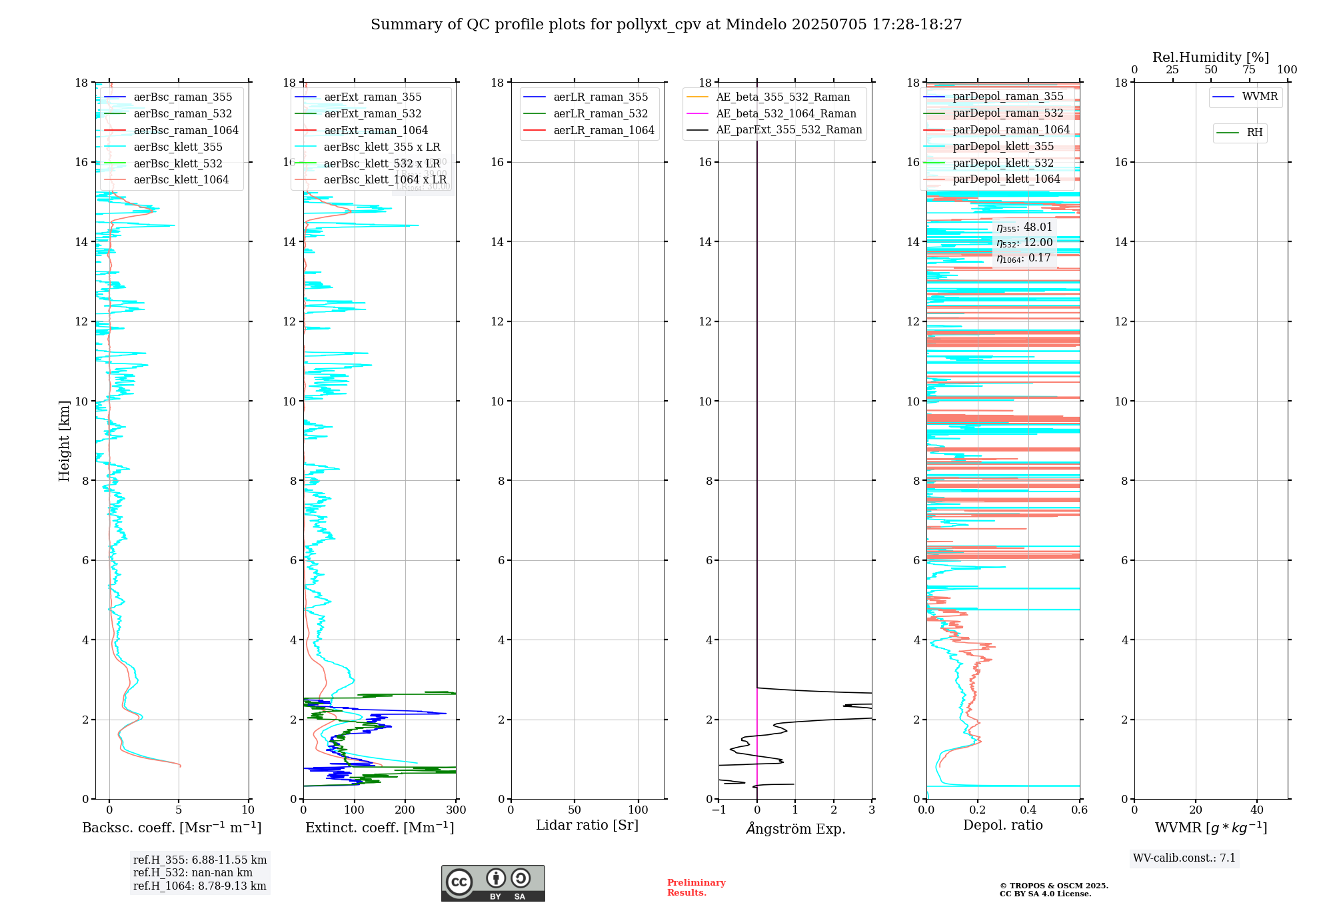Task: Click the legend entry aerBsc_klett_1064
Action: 181,180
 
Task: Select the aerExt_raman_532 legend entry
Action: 373,114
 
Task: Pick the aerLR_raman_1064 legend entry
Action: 603,131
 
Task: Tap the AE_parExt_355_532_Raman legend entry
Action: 788,130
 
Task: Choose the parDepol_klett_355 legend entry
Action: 1003,147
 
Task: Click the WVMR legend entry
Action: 1260,97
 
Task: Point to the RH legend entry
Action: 1254,133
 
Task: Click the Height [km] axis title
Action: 64,441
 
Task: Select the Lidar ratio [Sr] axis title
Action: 587,826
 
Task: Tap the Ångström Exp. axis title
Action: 795,829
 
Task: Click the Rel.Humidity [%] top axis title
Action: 1210,57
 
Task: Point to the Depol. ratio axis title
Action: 1002,826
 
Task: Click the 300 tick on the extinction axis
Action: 457,810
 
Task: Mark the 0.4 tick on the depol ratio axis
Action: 1028,810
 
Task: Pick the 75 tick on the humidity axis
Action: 1249,70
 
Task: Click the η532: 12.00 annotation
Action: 1024,243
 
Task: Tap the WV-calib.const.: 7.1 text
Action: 1184,858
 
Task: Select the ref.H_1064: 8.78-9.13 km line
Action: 199,886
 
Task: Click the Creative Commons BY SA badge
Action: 493,883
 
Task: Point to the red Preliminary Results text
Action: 696,888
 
